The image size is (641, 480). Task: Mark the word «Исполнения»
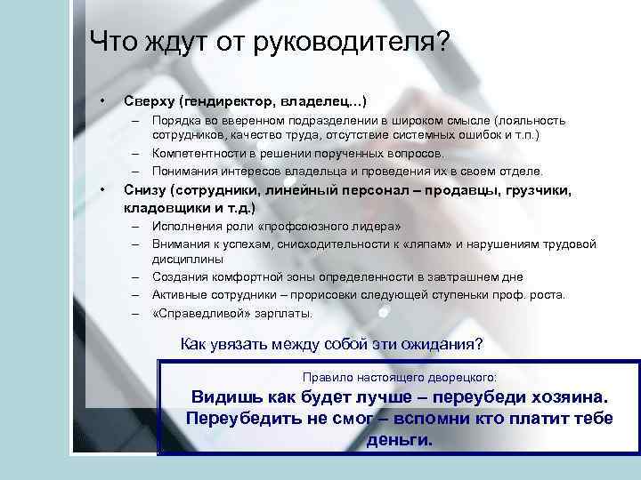pos(184,228)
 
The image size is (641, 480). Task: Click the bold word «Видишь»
pos(220,397)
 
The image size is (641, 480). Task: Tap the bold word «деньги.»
pos(400,439)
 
